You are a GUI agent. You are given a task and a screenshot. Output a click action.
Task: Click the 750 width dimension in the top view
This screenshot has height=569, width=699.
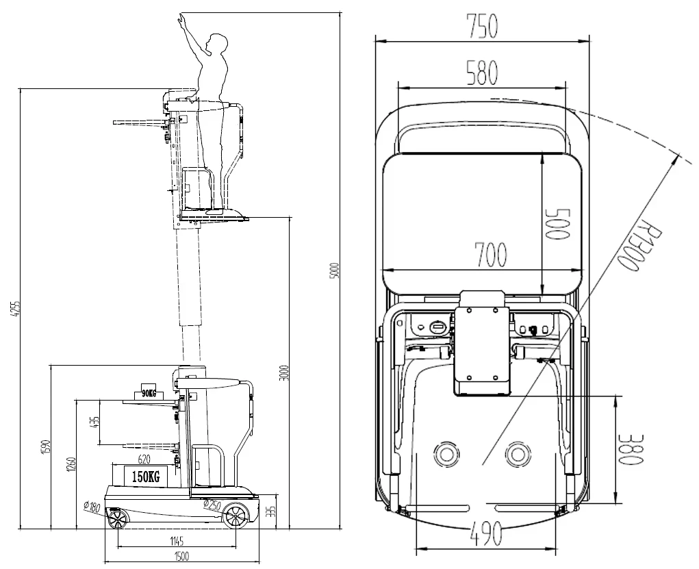[481, 26]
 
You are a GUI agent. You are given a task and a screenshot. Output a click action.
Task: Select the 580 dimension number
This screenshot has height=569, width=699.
[481, 73]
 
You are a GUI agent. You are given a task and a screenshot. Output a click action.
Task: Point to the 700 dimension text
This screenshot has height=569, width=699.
[490, 255]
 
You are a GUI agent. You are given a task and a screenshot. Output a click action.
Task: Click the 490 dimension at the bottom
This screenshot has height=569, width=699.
[486, 533]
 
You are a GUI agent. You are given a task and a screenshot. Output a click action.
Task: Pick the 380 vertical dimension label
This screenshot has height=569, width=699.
[633, 449]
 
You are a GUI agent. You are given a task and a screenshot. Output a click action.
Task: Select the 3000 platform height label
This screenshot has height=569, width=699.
[285, 372]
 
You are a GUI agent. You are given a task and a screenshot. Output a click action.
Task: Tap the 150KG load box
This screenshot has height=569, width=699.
[145, 477]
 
